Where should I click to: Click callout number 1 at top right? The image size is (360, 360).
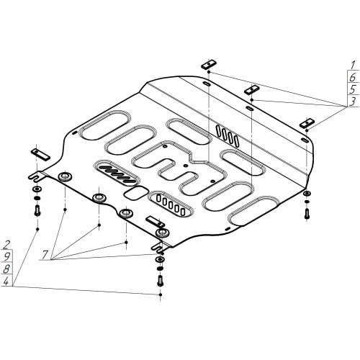click(353, 65)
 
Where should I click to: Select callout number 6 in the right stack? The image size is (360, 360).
click(353, 77)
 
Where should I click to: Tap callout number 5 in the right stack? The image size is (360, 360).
click(353, 89)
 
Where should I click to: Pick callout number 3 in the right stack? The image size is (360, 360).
click(353, 102)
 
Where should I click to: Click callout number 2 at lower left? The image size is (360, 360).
click(6, 245)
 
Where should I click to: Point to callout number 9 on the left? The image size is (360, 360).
click(6, 257)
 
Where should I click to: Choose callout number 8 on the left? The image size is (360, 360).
click(6, 269)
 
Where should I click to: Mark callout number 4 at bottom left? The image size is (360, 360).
click(6, 281)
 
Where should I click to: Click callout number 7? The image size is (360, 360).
click(45, 254)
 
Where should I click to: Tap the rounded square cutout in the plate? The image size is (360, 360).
click(136, 192)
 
